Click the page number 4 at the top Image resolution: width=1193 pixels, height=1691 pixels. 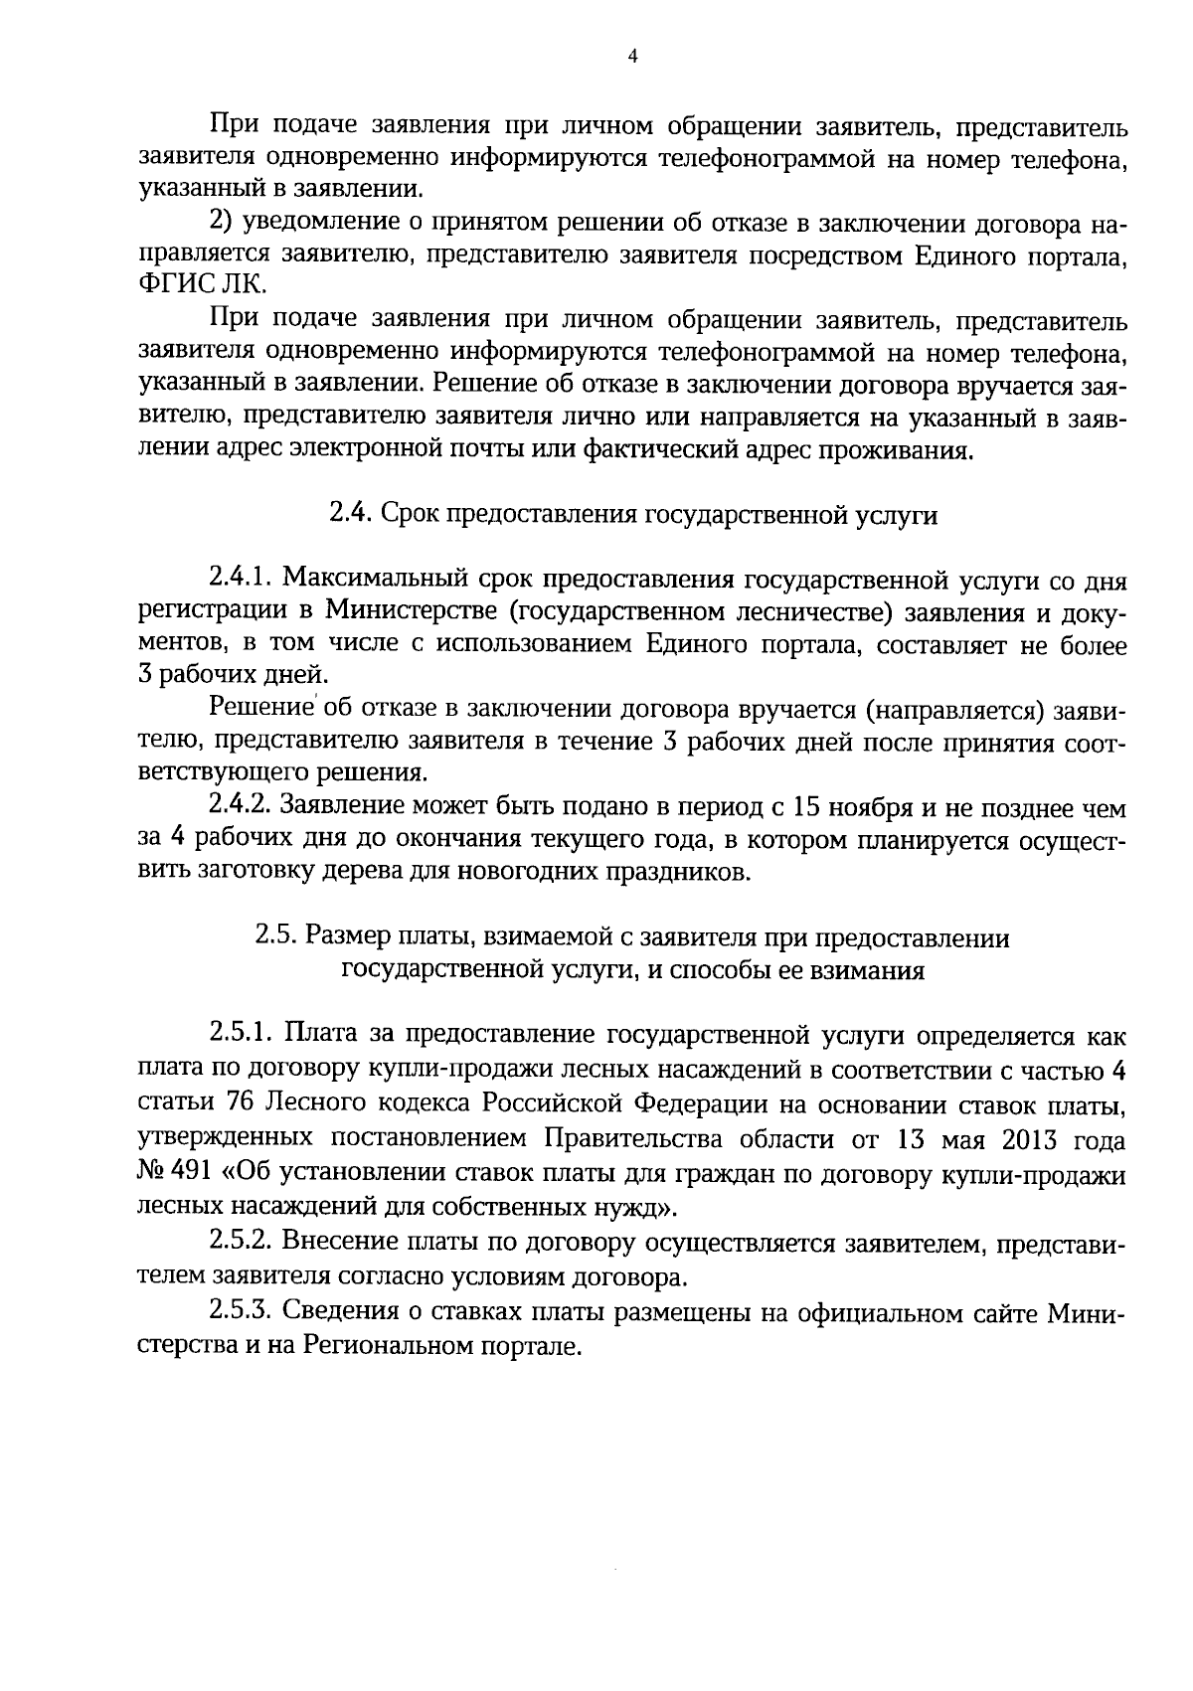pyautogui.click(x=633, y=58)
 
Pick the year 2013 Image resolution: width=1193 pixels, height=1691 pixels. pyautogui.click(x=1024, y=1138)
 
